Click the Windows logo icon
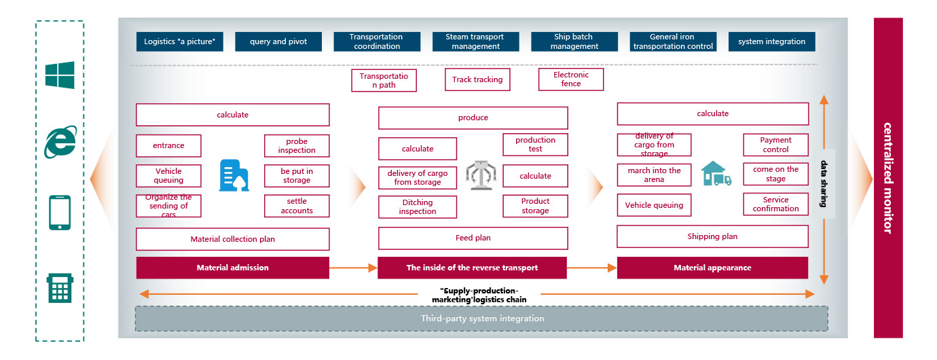click(x=60, y=75)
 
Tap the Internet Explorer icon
click(x=60, y=142)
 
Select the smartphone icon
click(x=60, y=212)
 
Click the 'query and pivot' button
click(x=278, y=41)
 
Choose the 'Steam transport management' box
click(x=475, y=41)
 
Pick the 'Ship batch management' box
click(x=574, y=41)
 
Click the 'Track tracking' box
click(x=477, y=79)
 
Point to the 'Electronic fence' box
click(x=571, y=79)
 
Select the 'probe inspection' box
click(x=297, y=145)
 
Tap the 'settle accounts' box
click(x=297, y=206)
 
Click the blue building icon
click(x=234, y=175)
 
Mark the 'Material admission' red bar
click(x=233, y=268)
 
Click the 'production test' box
click(x=535, y=144)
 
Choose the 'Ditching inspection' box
click(x=418, y=206)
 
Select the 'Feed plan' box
click(x=473, y=238)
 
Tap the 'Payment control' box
click(x=775, y=145)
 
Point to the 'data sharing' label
click(x=824, y=183)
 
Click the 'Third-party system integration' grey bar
click(x=482, y=319)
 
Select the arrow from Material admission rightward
click(x=353, y=268)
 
